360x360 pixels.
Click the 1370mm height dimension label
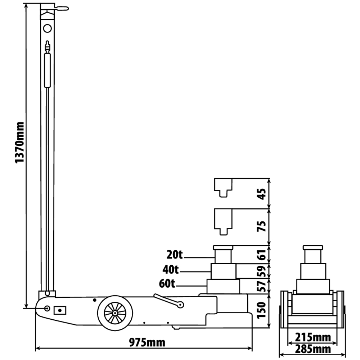click(x=20, y=143)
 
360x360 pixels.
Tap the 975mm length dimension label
click(x=147, y=343)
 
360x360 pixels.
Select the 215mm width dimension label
click(x=313, y=338)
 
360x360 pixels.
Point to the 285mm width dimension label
click(x=313, y=349)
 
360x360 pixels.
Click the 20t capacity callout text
click(x=175, y=255)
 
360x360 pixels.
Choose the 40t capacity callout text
click(x=171, y=269)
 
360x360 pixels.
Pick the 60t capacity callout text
click(x=167, y=284)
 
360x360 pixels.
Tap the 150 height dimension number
click(x=261, y=310)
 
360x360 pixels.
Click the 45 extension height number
click(x=262, y=194)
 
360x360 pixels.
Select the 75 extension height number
click(x=262, y=226)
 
